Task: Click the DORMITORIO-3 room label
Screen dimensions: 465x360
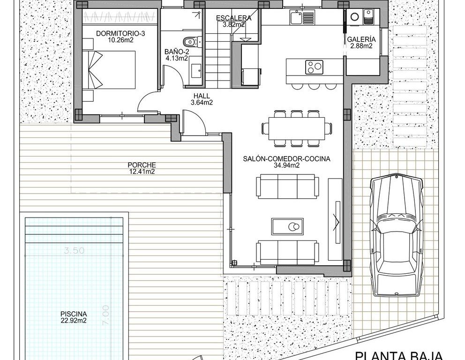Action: click(x=120, y=33)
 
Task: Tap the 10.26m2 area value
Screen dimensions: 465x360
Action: click(x=120, y=40)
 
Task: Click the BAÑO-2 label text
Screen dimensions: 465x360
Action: click(x=177, y=52)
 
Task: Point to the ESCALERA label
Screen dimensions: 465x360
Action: click(x=234, y=18)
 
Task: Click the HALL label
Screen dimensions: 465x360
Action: click(x=202, y=96)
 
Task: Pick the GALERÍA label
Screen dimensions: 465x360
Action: click(x=361, y=39)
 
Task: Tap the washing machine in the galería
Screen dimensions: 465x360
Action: click(x=355, y=16)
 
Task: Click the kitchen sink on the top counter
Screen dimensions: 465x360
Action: click(x=302, y=16)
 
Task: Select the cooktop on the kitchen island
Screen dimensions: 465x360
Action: click(x=315, y=67)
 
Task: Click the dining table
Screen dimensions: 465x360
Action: click(x=297, y=128)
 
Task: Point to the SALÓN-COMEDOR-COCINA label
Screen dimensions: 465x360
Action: click(x=286, y=159)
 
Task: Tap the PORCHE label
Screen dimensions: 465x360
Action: click(x=142, y=165)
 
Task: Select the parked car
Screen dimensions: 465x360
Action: click(x=397, y=236)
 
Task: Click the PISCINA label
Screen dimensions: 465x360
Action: click(x=74, y=314)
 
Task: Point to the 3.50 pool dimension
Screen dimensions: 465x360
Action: click(x=74, y=251)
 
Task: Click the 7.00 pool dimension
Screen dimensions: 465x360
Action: click(x=105, y=315)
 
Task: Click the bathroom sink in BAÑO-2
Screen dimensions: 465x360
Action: click(x=195, y=70)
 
